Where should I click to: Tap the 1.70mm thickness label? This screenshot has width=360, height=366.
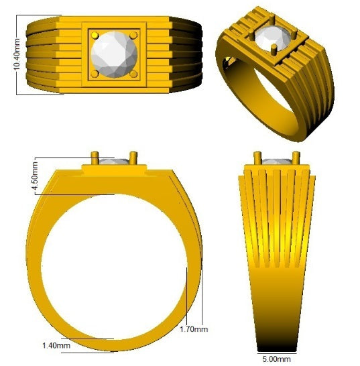194,329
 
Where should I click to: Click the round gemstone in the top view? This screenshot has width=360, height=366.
113,54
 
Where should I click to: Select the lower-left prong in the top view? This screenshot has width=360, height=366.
94,72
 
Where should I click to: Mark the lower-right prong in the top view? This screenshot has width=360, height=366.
133,72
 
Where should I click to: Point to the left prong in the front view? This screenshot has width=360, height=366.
96,160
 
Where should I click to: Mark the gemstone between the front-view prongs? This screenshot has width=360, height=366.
115,162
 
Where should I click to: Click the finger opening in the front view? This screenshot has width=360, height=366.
113,268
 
